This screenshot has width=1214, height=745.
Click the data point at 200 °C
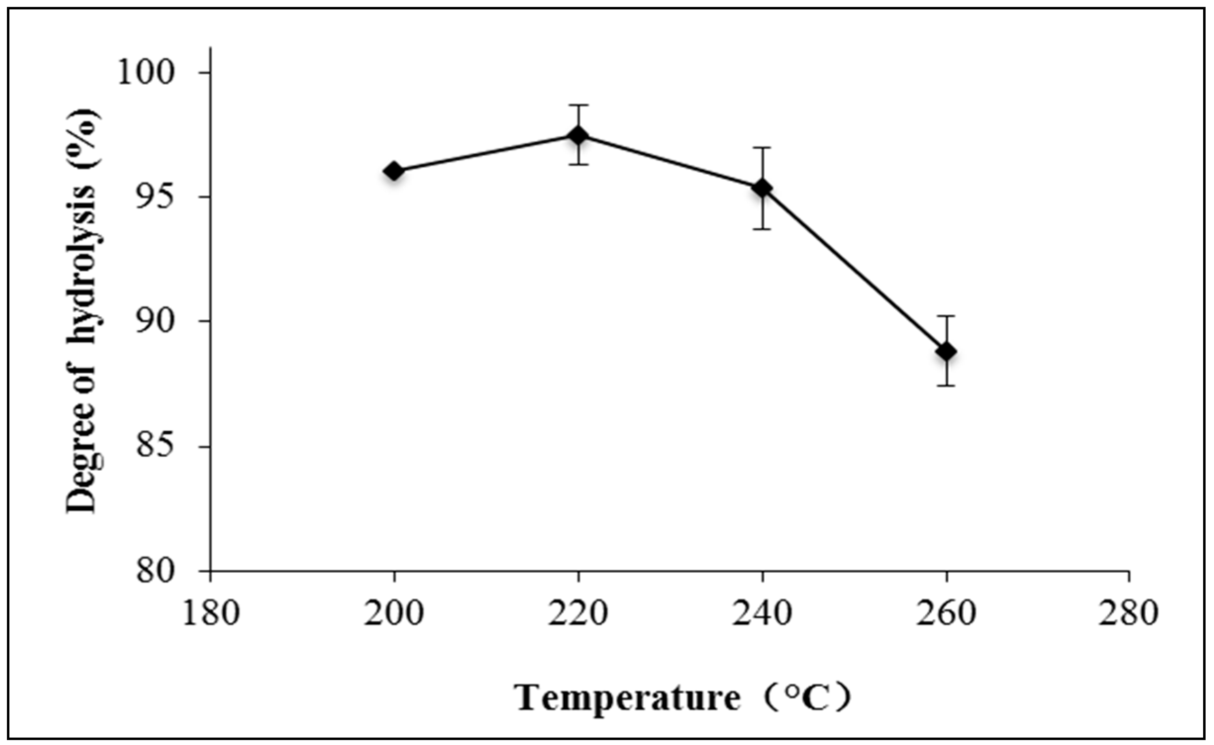point(394,171)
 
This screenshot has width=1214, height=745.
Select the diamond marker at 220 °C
point(578,135)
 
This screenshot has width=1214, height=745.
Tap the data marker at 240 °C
point(763,188)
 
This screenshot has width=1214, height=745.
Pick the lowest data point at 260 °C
point(947,352)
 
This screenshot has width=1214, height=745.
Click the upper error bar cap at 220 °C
point(578,105)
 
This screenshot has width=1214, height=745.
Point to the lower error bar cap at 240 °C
point(763,229)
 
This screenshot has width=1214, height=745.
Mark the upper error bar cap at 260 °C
point(947,315)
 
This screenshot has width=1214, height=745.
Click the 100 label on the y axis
point(146,73)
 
